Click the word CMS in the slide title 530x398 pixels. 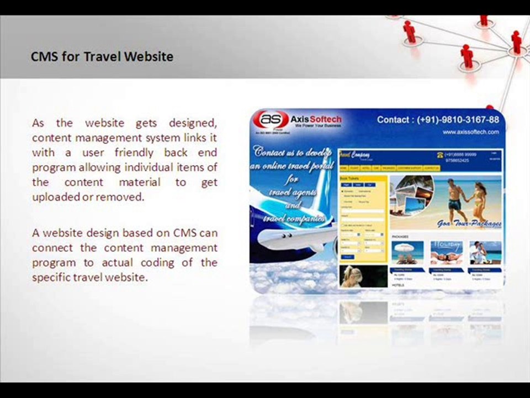click(x=44, y=56)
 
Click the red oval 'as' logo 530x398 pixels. click(x=274, y=119)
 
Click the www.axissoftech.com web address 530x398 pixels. click(x=470, y=132)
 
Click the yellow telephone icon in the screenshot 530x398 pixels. click(x=440, y=155)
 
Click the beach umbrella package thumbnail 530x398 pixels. click(x=407, y=253)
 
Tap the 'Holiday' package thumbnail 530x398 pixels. click(x=447, y=253)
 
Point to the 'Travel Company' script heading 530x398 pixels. click(x=354, y=155)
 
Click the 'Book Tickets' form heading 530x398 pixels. click(x=349, y=179)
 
